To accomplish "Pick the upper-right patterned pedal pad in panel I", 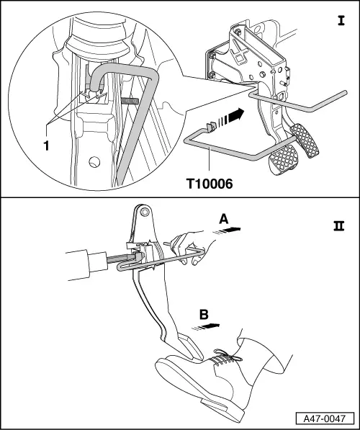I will coord(307,141).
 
